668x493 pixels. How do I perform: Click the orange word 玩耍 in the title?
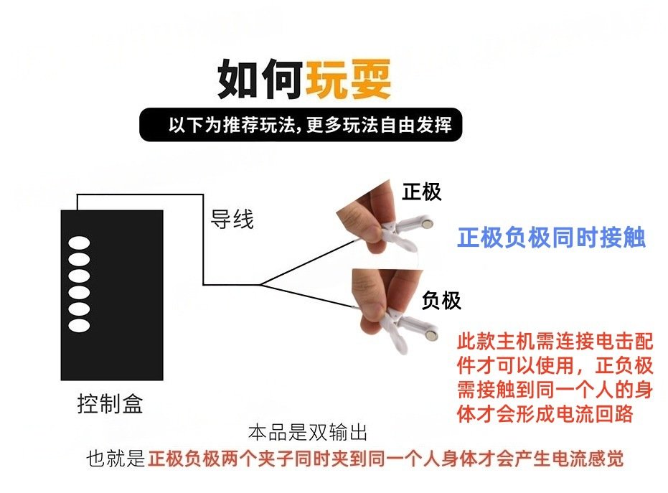(348, 79)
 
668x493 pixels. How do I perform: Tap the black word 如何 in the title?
(260, 79)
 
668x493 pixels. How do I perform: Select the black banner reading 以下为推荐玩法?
(301, 124)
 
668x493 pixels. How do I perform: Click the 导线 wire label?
(232, 219)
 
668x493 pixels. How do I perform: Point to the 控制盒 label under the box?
(110, 403)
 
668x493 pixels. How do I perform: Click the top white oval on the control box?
(79, 243)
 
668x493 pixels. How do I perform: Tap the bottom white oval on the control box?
(79, 326)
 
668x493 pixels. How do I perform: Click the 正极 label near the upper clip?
(422, 192)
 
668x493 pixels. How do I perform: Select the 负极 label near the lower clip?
(441, 301)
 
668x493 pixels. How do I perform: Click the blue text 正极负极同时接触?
(552, 238)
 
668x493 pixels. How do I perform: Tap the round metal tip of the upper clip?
(427, 223)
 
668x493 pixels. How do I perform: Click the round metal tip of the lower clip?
(432, 335)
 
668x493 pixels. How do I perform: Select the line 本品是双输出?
(308, 433)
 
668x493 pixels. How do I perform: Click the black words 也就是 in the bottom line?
(116, 459)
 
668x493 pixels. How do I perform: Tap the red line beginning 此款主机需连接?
(555, 341)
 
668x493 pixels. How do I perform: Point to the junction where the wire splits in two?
(260, 284)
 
